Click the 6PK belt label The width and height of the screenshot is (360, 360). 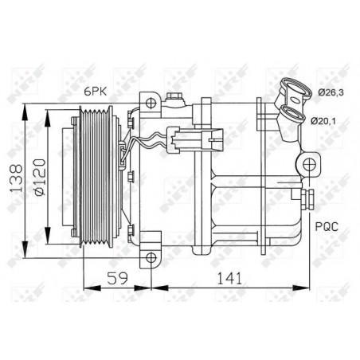96,92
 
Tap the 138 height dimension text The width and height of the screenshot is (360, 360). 16,178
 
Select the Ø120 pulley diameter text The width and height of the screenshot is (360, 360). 40,177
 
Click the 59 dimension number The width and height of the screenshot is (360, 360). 117,278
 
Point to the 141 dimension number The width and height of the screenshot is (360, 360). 230,278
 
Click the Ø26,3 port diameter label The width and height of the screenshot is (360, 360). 331,92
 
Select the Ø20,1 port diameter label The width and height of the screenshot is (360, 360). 323,121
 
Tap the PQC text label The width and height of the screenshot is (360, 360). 327,226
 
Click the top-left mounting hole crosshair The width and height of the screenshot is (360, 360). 151,103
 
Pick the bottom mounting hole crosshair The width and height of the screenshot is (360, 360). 151,257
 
